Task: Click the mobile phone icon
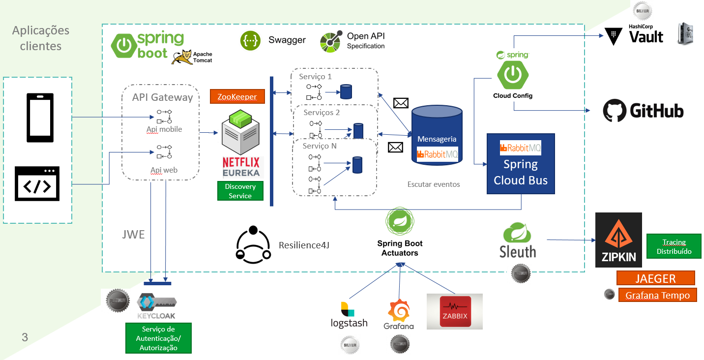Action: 40,118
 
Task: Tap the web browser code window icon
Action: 37,183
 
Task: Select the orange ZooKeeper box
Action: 237,96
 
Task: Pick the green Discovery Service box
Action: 240,191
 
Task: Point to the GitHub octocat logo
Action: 614,111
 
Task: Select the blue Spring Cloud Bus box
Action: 521,163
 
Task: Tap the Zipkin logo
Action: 618,240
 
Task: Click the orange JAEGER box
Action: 655,278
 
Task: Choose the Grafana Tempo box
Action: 657,295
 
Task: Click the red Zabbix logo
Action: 455,311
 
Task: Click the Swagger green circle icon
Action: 251,40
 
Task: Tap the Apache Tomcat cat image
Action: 181,58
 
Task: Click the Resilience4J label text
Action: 304,245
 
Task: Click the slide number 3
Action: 25,337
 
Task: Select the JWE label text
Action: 133,235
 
